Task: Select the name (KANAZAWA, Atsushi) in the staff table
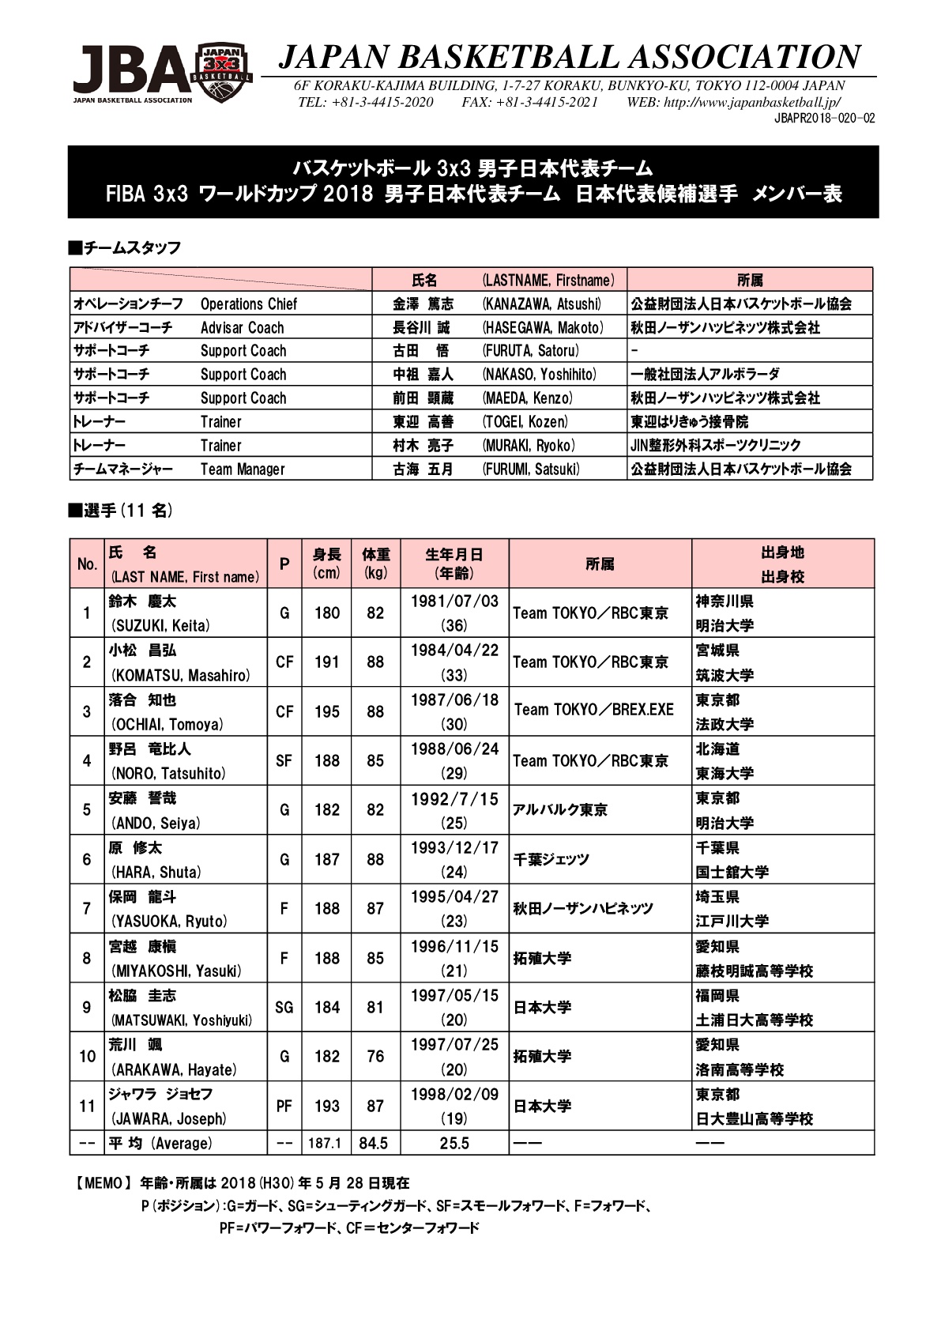pyautogui.click(x=541, y=304)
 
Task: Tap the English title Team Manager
pyautogui.click(x=242, y=469)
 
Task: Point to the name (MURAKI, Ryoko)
pyautogui.click(x=529, y=445)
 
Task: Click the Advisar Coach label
pyautogui.click(x=242, y=327)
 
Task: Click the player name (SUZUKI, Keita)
pyautogui.click(x=161, y=625)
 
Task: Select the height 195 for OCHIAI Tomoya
pyautogui.click(x=327, y=711)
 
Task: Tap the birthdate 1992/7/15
pyautogui.click(x=454, y=798)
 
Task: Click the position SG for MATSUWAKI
pyautogui.click(x=284, y=1007)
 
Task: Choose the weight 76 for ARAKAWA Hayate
pyautogui.click(x=375, y=1056)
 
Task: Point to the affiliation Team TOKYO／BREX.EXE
pyautogui.click(x=594, y=710)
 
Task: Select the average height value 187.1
pyautogui.click(x=325, y=1143)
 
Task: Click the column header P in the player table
pyautogui.click(x=284, y=564)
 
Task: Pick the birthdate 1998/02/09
pyautogui.click(x=454, y=1094)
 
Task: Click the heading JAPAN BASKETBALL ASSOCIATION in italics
pyautogui.click(x=569, y=57)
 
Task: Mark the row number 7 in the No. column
pyautogui.click(x=87, y=908)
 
